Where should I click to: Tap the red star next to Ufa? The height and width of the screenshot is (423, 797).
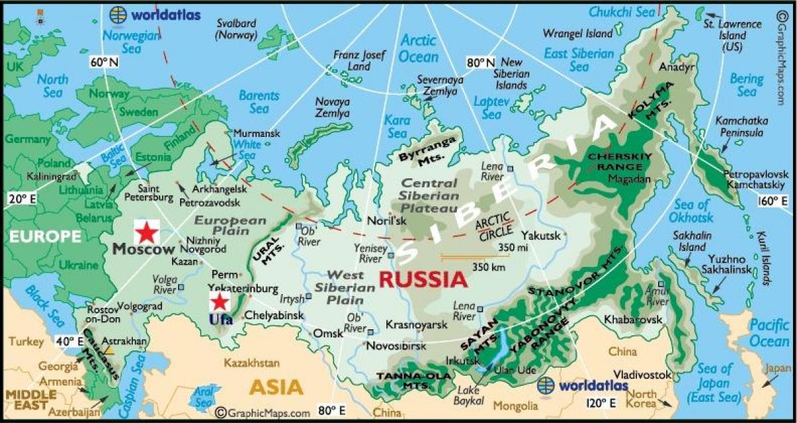coord(219,303)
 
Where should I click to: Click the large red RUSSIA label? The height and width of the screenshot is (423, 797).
coord(423,279)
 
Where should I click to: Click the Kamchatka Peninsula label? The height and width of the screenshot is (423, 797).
coord(741,126)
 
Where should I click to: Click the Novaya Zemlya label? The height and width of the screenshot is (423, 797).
coord(332,108)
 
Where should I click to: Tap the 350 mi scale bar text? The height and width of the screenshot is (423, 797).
coord(498,247)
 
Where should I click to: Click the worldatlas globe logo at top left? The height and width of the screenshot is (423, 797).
coord(118,14)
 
